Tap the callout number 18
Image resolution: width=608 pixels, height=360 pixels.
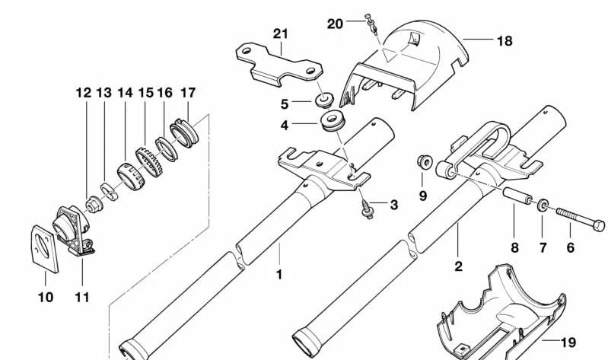coord(505,41)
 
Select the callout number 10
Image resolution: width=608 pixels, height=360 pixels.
coord(46,297)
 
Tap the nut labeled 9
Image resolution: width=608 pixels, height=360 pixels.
coord(425,161)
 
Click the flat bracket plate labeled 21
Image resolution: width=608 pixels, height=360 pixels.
coord(278,65)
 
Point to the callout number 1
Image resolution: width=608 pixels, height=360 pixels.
coord(279,273)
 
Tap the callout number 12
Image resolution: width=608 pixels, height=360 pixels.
coord(83,93)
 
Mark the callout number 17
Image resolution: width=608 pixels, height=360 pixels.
coord(188,93)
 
